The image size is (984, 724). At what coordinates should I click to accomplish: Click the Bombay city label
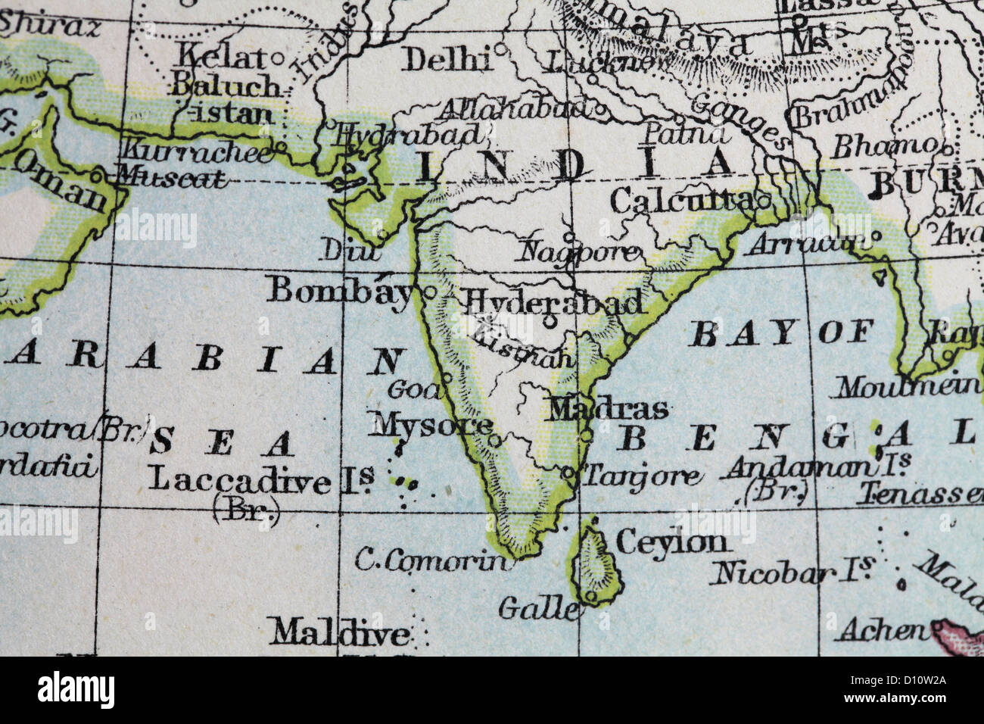point(340,289)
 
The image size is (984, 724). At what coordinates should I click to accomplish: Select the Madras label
point(608,409)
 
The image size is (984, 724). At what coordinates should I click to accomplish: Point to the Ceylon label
point(671,541)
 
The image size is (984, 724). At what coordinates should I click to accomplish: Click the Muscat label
point(170,179)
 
